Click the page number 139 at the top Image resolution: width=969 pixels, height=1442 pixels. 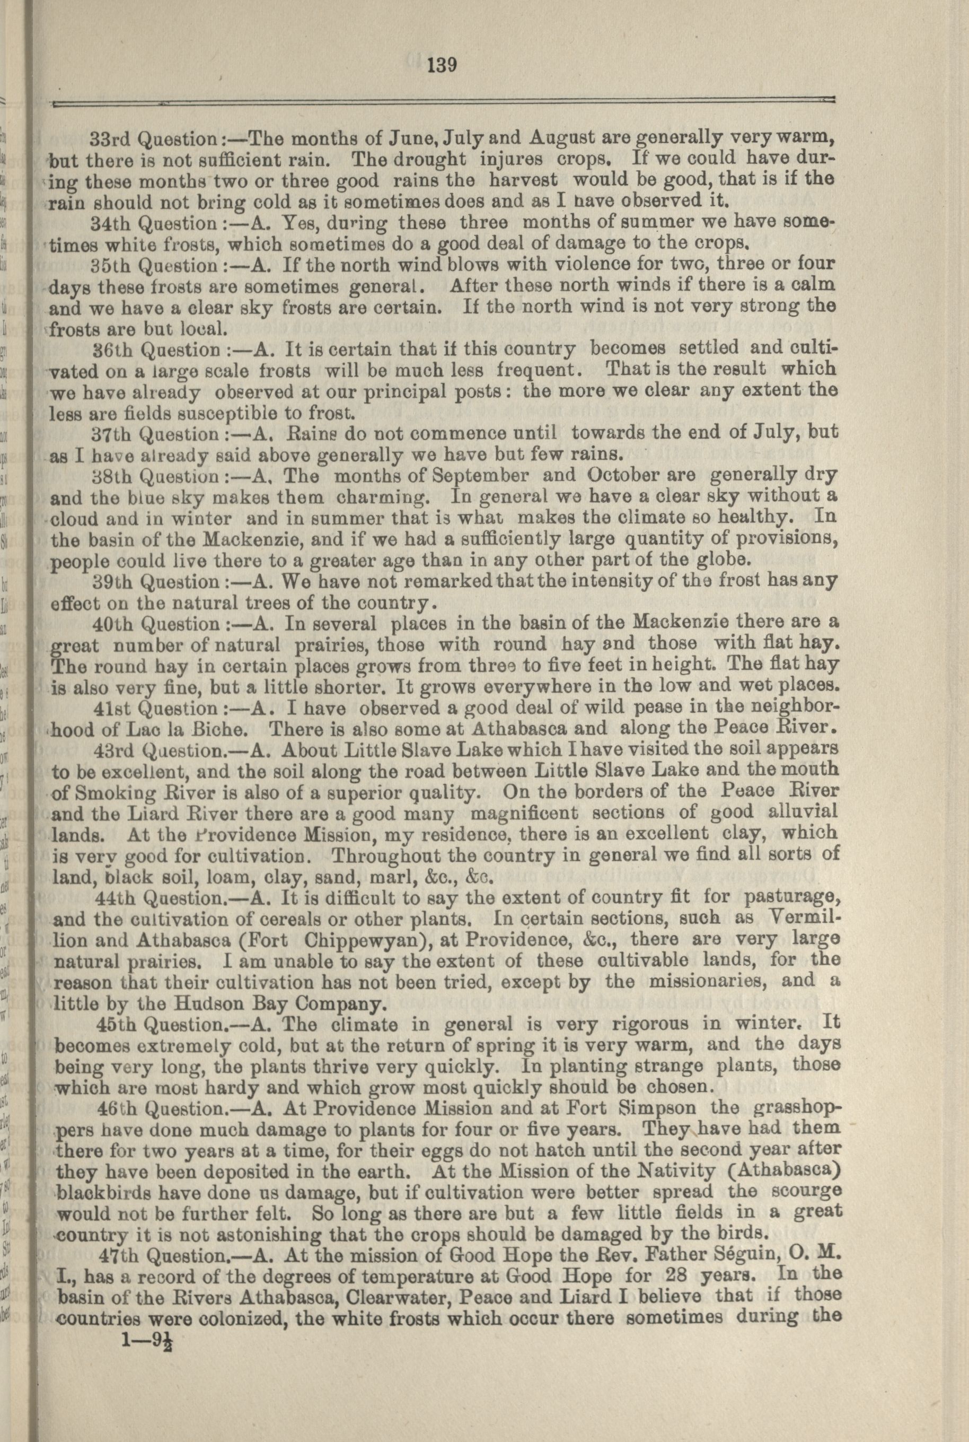(441, 64)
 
